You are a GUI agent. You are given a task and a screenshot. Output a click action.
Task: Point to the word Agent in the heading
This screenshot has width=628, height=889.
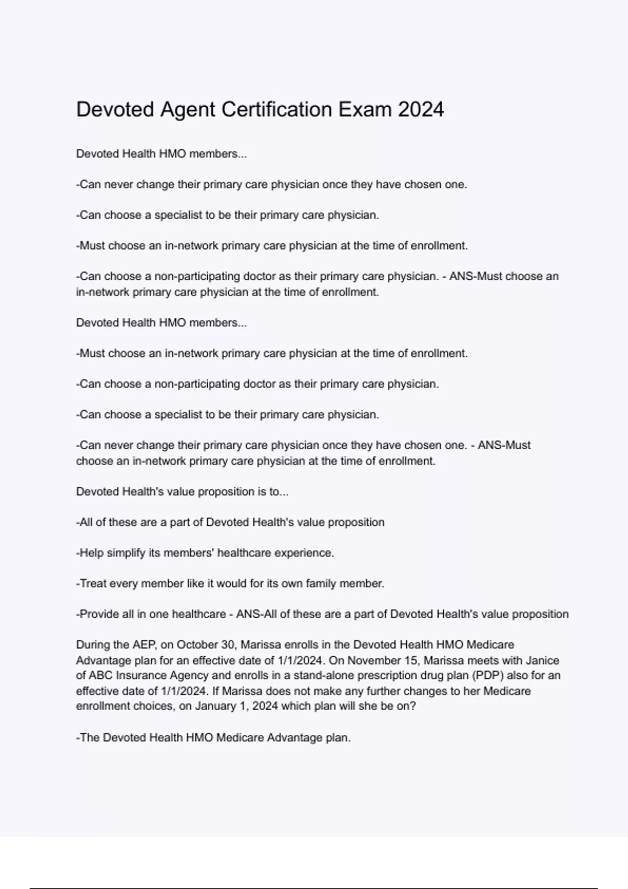[188, 110]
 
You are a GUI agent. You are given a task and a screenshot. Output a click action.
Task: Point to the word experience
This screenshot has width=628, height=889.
[305, 553]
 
